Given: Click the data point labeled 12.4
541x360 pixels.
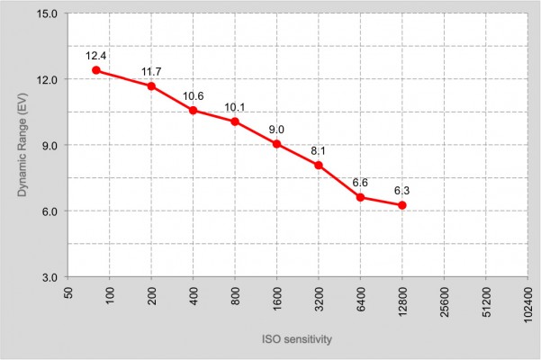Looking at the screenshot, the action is click(96, 70).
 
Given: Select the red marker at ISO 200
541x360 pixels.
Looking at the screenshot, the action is click(151, 86).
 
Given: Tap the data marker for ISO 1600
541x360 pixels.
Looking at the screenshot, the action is click(276, 144).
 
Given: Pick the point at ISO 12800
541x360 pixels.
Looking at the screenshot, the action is click(402, 205).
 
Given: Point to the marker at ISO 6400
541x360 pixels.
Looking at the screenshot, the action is click(360, 198).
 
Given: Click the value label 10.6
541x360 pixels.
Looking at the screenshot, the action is click(194, 96).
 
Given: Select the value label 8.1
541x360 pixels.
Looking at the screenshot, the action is click(318, 151).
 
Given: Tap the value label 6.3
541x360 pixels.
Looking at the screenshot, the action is click(402, 191).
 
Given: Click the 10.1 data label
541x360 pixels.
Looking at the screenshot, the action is click(235, 108).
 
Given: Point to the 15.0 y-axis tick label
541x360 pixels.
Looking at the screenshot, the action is click(47, 13).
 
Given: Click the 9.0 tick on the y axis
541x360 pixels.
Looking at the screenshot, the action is click(50, 146).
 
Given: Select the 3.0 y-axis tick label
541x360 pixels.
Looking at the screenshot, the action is click(50, 277).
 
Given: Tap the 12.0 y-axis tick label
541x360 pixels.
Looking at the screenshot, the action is click(47, 80).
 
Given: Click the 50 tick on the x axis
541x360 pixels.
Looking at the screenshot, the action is click(68, 293).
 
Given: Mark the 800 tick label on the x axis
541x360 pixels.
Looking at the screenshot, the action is click(236, 296).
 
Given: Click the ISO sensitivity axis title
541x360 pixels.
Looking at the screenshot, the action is click(297, 339).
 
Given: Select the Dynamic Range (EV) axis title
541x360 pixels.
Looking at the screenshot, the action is click(23, 145).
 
